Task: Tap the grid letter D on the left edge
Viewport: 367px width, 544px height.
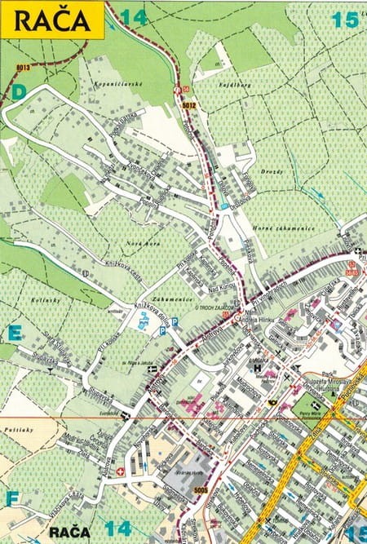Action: [x=18, y=92]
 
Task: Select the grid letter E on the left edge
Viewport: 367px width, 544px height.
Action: [x=14, y=332]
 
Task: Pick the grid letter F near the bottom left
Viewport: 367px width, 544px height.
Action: [x=11, y=497]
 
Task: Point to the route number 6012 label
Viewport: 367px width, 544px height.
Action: [x=189, y=104]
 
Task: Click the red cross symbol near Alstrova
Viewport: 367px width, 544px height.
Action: [x=121, y=471]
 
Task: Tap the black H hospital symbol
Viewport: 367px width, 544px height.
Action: [x=259, y=368]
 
